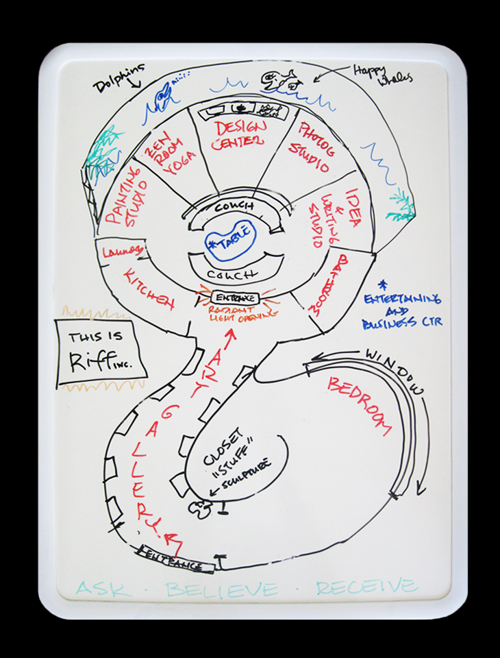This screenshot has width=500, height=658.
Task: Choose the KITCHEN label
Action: (x=149, y=288)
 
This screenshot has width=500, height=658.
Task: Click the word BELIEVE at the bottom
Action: (x=222, y=589)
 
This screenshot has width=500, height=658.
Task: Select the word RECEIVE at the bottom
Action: (x=366, y=587)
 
